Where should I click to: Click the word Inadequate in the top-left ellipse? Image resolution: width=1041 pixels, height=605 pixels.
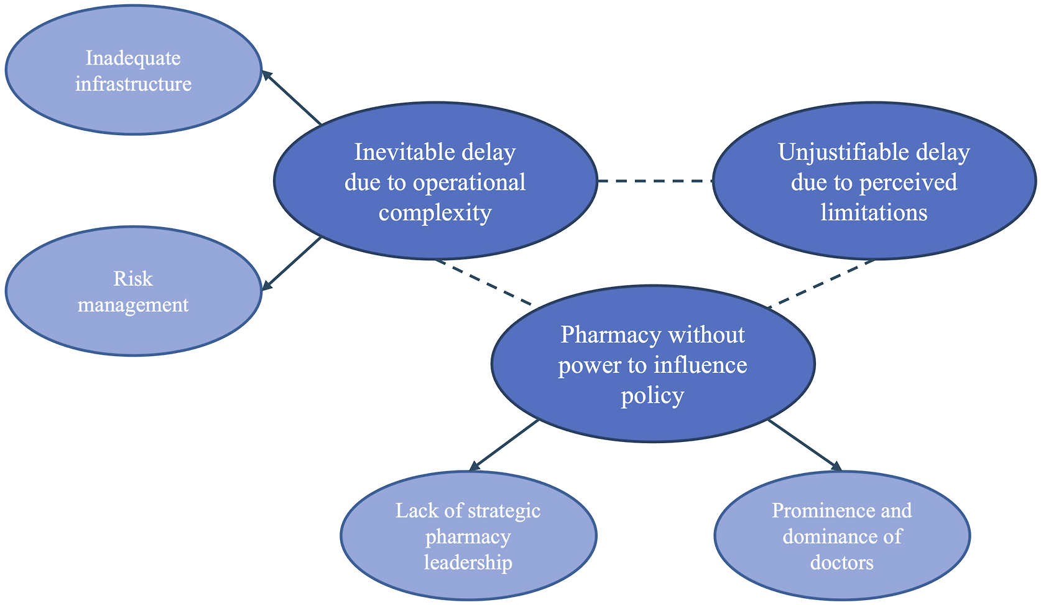(133, 59)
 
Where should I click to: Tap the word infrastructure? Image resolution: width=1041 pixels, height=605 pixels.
(133, 84)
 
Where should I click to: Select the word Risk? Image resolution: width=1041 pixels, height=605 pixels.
(133, 279)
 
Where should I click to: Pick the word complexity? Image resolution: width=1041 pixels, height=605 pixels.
(435, 213)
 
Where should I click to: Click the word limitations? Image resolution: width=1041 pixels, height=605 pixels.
(874, 212)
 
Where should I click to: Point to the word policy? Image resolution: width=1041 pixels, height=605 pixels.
(653, 396)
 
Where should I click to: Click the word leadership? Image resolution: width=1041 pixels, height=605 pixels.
(468, 563)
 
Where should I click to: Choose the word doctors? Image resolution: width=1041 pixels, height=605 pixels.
(841, 563)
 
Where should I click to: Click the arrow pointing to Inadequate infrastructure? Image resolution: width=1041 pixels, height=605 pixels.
(292, 98)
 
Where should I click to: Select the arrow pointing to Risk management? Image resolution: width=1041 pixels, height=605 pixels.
(292, 264)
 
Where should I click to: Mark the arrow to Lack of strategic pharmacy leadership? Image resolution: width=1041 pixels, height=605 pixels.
(504, 445)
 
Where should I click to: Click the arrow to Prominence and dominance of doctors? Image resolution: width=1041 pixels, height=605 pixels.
(805, 445)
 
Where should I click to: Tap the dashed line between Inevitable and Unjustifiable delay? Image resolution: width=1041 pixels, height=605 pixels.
(655, 181)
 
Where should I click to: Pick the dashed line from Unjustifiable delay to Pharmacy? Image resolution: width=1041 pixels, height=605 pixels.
(821, 284)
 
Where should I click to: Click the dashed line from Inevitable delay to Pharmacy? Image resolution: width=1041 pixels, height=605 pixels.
(483, 283)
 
